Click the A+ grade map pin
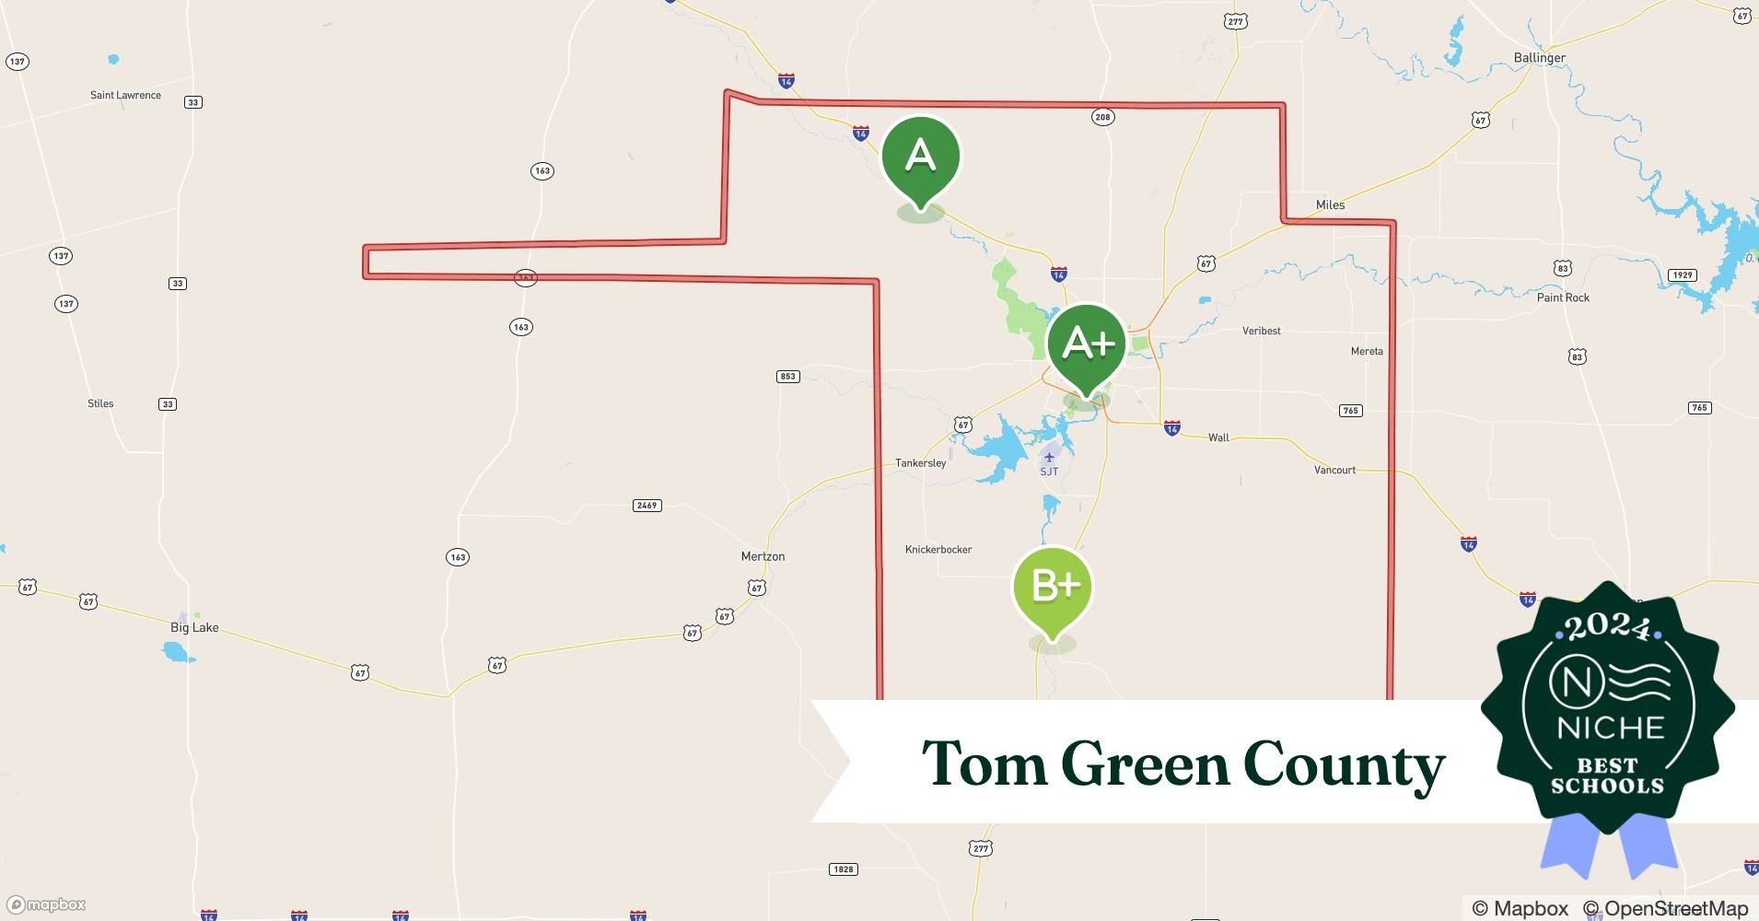(x=1087, y=344)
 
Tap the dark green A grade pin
(x=920, y=157)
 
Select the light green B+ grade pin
(x=1053, y=587)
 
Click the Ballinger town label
(x=1539, y=57)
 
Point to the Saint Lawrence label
(x=125, y=95)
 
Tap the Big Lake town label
(x=194, y=627)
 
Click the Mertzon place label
(x=763, y=556)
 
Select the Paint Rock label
(x=1563, y=297)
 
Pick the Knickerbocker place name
(x=938, y=550)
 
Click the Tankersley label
(x=920, y=463)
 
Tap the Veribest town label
(x=1261, y=331)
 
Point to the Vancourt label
(x=1334, y=470)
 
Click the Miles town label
(x=1330, y=204)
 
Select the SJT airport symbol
(x=1049, y=458)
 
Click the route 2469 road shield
(x=647, y=506)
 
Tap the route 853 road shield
(x=787, y=376)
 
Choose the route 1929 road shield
(x=1683, y=274)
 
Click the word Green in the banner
(x=1145, y=764)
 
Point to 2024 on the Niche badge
(x=1607, y=626)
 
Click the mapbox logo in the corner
(x=47, y=904)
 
